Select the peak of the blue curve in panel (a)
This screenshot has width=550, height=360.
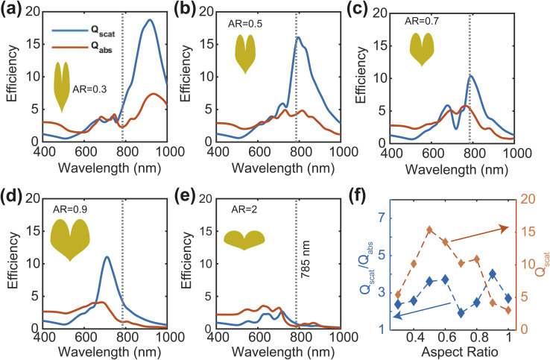[x=151, y=20]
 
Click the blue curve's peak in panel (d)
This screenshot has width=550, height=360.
[x=107, y=257]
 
